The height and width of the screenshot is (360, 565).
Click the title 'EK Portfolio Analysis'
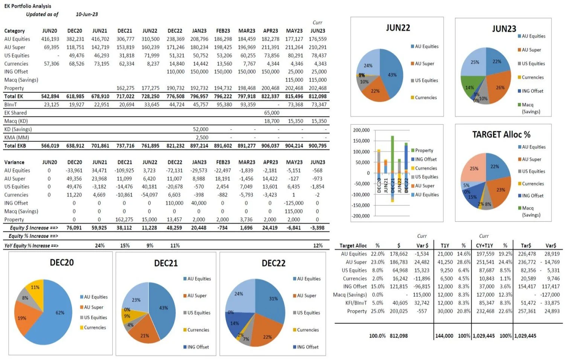[x=27, y=6]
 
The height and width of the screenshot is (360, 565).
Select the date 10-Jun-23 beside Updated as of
[x=87, y=14]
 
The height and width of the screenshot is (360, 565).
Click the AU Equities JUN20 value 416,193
[x=50, y=39]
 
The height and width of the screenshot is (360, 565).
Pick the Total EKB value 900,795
[x=318, y=146]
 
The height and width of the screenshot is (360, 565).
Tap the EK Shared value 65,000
[x=272, y=113]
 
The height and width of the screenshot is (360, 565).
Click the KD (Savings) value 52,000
[x=200, y=129]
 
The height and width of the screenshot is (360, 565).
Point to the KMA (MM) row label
[x=17, y=138]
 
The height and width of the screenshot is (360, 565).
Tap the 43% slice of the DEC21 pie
[x=163, y=309]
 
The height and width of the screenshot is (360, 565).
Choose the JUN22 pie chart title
[x=398, y=28]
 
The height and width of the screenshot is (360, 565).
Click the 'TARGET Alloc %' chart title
[x=501, y=135]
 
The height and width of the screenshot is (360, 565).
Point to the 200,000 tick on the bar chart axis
[x=361, y=130]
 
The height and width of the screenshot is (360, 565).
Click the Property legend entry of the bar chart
[x=424, y=150]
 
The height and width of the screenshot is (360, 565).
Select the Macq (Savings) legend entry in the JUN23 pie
[x=529, y=108]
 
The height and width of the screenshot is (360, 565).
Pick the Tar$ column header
[x=526, y=245]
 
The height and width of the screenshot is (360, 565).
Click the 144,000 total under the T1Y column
[x=444, y=335]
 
